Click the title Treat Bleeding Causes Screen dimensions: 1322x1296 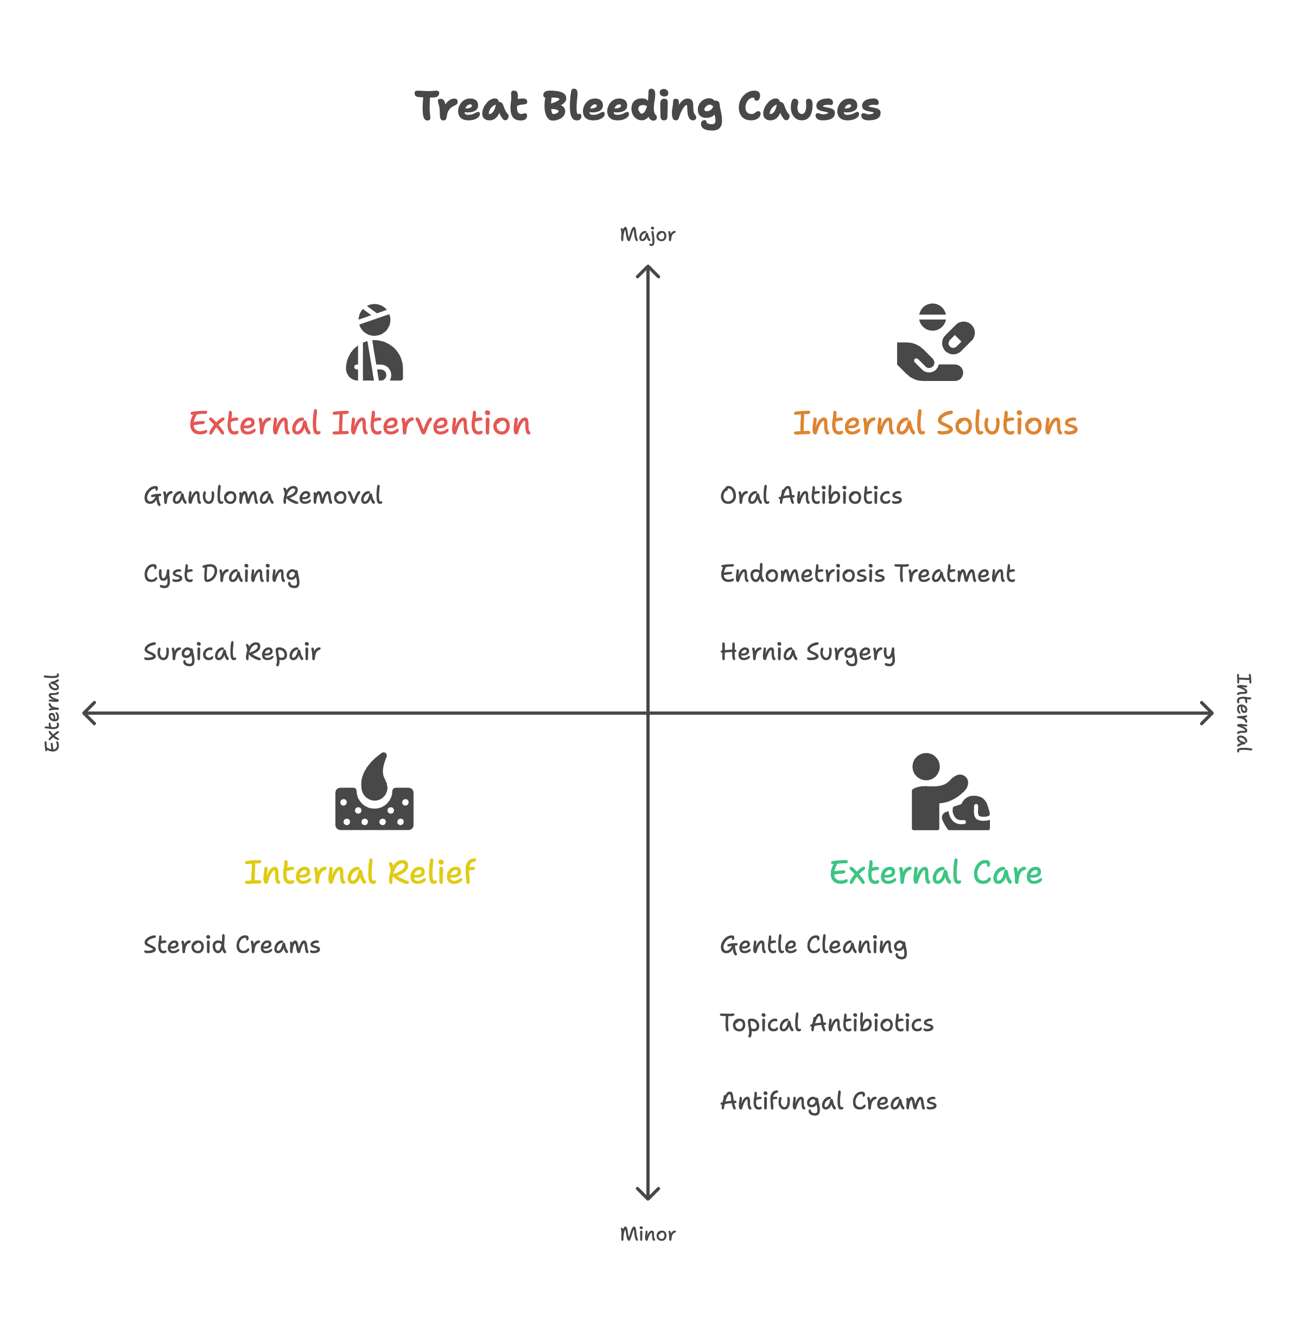pyautogui.click(x=647, y=107)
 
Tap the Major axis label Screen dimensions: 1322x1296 pyautogui.click(x=647, y=235)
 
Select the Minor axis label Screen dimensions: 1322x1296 pyautogui.click(x=647, y=1234)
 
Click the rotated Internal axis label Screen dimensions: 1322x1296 pyautogui.click(x=1243, y=713)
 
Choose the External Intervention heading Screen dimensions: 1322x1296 pyautogui.click(x=359, y=423)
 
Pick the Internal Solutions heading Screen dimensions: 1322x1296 pyautogui.click(x=935, y=423)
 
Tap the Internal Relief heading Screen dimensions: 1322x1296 pyautogui.click(x=359, y=873)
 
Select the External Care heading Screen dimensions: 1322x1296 pyautogui.click(x=935, y=873)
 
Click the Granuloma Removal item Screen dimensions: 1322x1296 pyautogui.click(x=263, y=495)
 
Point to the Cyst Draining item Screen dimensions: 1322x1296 pyautogui.click(x=221, y=574)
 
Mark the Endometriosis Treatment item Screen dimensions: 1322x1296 pyautogui.click(x=867, y=574)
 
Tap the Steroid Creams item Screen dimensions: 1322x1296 pyautogui.click(x=231, y=945)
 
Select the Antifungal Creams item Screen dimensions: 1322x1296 pyautogui.click(x=828, y=1102)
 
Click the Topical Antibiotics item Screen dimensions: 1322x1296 pyautogui.click(x=827, y=1023)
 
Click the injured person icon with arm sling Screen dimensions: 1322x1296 pyautogui.click(x=374, y=342)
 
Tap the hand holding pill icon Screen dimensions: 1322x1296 pyautogui.click(x=935, y=342)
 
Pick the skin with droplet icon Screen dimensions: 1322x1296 pyautogui.click(x=374, y=792)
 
